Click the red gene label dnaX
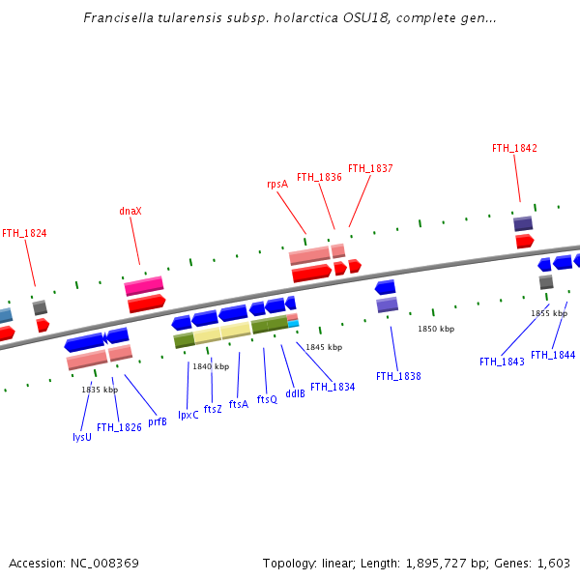(130, 211)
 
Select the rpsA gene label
(277, 184)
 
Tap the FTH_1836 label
(319, 177)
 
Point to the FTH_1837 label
(370, 168)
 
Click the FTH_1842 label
(514, 148)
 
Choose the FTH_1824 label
(24, 233)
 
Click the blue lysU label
(82, 437)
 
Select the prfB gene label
(158, 421)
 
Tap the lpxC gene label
(188, 415)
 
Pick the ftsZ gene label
(213, 409)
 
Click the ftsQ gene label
(267, 399)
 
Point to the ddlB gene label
(295, 393)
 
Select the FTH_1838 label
(398, 376)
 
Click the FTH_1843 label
(502, 362)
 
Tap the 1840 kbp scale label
(211, 366)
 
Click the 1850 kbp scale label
(436, 329)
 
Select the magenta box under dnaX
(144, 286)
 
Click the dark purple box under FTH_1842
(523, 223)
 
